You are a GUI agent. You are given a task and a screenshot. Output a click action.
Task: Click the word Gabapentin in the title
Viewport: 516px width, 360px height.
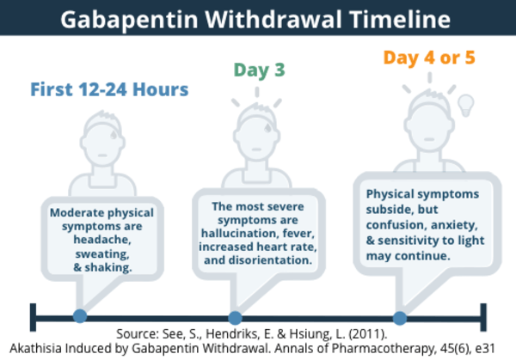pos(129,20)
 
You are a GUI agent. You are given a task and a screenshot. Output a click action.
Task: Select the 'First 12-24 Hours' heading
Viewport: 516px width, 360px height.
pos(109,89)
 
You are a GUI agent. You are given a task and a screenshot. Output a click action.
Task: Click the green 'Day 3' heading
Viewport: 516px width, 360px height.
pos(260,70)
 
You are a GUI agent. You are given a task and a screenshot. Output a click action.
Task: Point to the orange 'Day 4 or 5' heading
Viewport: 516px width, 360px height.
pos(429,58)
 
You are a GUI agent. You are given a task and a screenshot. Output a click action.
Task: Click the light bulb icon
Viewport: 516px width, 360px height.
pos(466,105)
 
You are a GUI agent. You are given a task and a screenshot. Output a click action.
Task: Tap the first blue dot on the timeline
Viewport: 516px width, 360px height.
pos(80,316)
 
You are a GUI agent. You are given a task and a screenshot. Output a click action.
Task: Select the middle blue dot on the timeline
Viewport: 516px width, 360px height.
pos(235,318)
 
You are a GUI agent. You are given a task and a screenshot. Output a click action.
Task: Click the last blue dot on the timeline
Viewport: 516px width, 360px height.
pos(400,318)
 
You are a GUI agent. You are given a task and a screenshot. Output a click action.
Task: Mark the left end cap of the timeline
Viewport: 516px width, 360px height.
pos(33,317)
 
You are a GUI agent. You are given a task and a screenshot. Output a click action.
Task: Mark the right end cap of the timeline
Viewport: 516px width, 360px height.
pos(483,317)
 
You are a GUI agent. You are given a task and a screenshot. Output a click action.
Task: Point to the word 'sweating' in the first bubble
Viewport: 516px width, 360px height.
pos(102,254)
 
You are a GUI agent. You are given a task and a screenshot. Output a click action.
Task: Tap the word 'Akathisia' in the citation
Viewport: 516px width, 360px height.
pos(35,348)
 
